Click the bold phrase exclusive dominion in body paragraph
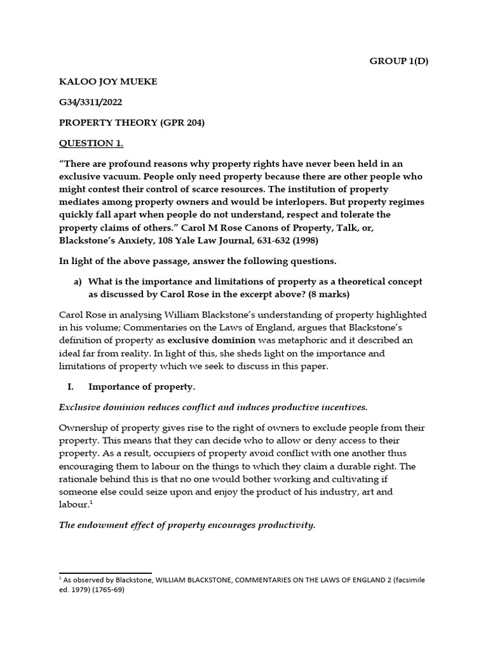pyautogui.click(x=208, y=340)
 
